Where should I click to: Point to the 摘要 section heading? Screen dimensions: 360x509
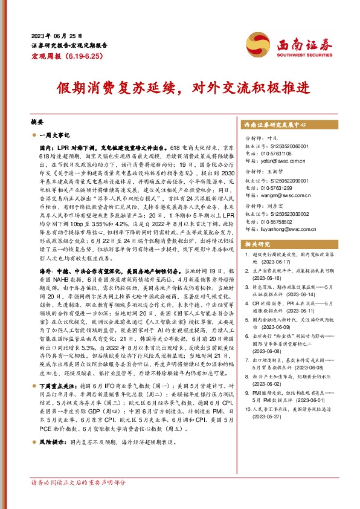[x=37, y=121]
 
